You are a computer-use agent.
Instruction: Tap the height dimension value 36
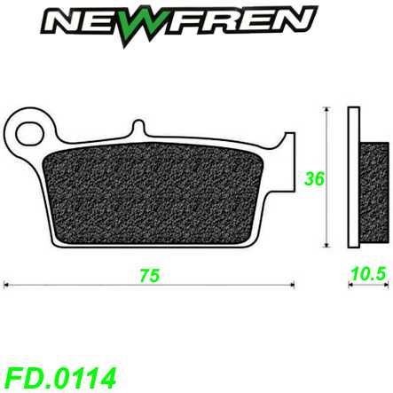pos(312,177)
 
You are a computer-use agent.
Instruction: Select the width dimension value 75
pos(150,276)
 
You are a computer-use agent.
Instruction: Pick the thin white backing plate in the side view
pos(354,177)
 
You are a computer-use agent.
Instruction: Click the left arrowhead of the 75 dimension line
pos(7,285)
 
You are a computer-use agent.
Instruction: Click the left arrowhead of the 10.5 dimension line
pos(348,285)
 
